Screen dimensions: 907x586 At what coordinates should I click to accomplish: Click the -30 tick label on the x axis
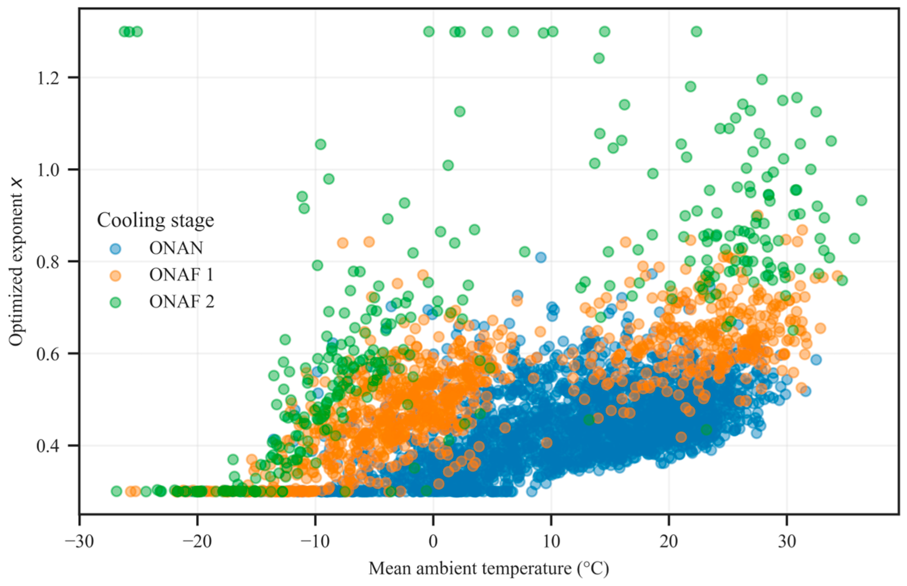click(x=79, y=541)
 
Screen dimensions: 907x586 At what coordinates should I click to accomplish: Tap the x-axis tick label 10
click(x=551, y=541)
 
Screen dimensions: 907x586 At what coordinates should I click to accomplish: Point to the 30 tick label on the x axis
click(x=786, y=541)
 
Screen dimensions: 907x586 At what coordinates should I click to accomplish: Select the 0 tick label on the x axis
click(x=433, y=541)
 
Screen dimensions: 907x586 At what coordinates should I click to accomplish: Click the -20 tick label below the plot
click(x=197, y=541)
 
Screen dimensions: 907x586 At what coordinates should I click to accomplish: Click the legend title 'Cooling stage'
click(x=156, y=220)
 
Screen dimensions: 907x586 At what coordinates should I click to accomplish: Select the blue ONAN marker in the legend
click(x=115, y=249)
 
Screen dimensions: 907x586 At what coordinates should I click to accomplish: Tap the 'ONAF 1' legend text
click(x=182, y=275)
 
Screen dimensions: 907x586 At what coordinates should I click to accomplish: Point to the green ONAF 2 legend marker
click(x=115, y=302)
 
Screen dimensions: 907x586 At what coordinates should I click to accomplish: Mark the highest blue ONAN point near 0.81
click(x=541, y=257)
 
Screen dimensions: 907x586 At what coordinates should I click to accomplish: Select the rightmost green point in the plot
click(x=862, y=200)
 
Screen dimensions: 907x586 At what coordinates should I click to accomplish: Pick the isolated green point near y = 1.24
click(x=599, y=58)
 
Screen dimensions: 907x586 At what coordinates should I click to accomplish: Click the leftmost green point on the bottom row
click(x=116, y=491)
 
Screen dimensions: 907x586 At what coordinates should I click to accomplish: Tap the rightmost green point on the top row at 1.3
click(x=697, y=32)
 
